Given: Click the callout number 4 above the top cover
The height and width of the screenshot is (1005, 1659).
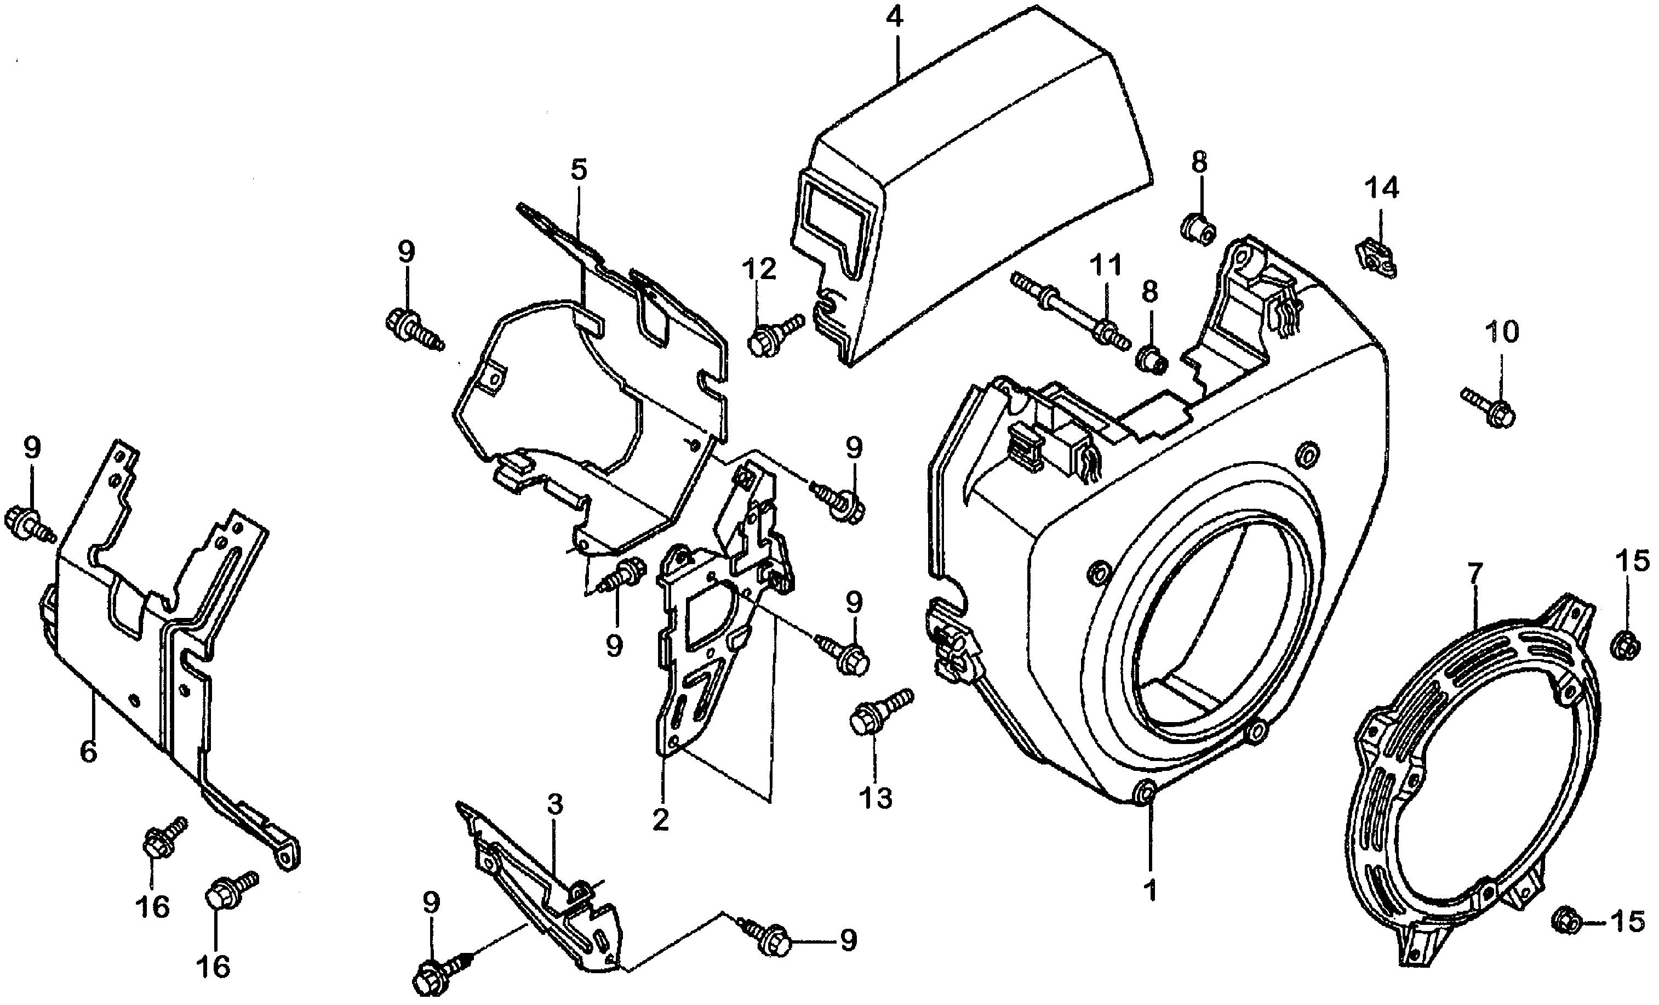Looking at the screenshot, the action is [894, 18].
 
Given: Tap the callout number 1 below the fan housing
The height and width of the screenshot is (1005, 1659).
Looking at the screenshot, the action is [1151, 891].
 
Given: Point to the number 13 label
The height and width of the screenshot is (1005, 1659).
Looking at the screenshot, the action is [876, 798].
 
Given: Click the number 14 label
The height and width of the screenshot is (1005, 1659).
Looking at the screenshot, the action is [1382, 188].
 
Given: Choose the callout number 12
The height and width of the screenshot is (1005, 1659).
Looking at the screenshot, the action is [759, 269].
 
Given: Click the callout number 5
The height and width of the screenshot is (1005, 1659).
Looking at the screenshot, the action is [579, 170].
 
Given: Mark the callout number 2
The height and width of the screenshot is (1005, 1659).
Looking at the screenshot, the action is [661, 820].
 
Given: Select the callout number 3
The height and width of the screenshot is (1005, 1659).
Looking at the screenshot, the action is [556, 804].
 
